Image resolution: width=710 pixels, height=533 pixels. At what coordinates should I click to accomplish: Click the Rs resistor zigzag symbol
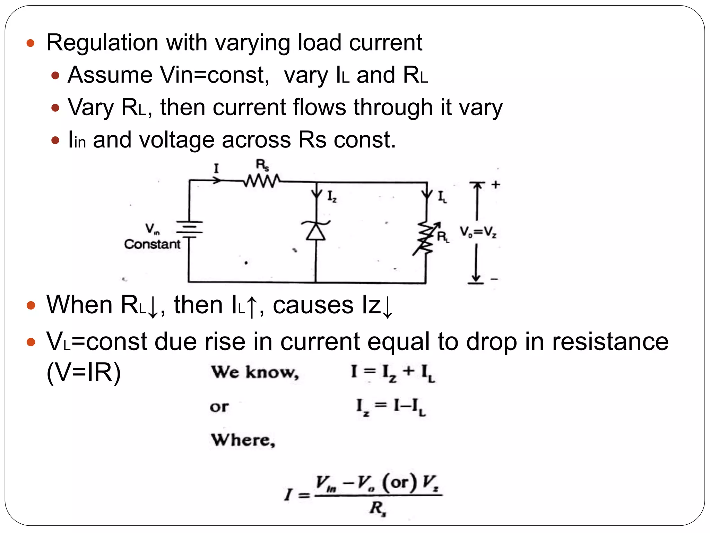coord(262,181)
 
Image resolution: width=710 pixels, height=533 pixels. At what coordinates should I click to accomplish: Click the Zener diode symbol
coord(316,230)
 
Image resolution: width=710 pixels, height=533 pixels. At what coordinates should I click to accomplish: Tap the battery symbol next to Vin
coord(189,229)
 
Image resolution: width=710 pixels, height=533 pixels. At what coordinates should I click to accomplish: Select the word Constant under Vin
coord(152,244)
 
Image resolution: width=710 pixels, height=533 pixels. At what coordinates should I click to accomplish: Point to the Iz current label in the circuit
coord(332,197)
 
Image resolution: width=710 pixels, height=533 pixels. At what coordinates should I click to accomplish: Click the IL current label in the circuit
coord(442,197)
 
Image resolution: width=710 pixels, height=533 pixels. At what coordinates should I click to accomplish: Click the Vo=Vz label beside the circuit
coord(478,232)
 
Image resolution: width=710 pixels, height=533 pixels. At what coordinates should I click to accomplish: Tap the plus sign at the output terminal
coord(495,185)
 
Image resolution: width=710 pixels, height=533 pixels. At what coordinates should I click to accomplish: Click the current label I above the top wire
coord(216,169)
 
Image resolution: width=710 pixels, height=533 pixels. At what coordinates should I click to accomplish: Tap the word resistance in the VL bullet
coord(610,341)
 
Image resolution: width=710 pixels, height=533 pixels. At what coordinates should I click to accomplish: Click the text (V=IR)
coord(84,372)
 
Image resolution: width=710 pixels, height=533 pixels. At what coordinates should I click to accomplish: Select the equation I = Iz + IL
coord(392,373)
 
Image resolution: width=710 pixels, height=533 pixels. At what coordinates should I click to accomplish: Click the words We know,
coord(255,372)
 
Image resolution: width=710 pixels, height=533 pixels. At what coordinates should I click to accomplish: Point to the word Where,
coord(243,440)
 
